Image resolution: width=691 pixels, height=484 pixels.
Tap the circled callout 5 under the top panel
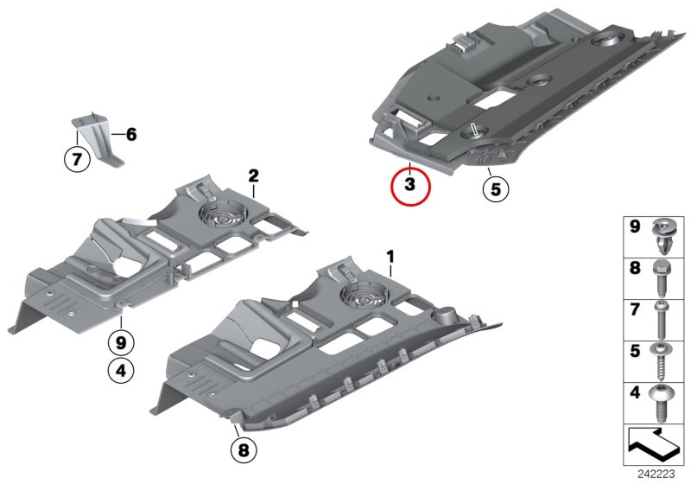496,189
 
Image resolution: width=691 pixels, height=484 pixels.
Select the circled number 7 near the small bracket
77,159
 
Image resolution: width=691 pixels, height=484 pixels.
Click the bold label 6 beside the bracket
131,135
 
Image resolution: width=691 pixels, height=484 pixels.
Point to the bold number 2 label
253,176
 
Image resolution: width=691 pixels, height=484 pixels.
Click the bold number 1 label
390,257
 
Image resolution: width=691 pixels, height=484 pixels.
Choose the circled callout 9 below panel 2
121,342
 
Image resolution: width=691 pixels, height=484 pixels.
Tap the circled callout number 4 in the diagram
121,371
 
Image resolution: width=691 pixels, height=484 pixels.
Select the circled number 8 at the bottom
244,450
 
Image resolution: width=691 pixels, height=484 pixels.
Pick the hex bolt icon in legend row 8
661,277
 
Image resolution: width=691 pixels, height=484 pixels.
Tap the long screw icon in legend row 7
661,320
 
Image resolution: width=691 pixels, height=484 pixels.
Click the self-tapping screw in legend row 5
661,361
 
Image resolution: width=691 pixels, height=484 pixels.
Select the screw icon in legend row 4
660,402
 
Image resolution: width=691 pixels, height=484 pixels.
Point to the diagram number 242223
656,474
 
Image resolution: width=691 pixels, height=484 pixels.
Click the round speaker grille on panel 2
223,214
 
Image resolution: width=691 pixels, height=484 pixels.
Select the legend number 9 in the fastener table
635,227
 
